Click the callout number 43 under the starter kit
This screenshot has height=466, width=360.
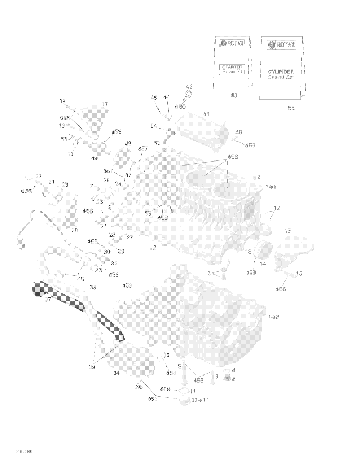click(x=234, y=95)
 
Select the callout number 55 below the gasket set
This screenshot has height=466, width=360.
click(x=291, y=108)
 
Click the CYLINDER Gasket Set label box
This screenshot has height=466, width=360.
click(x=280, y=74)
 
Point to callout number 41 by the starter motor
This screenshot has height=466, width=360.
click(x=206, y=114)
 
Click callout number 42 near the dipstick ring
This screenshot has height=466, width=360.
click(x=189, y=86)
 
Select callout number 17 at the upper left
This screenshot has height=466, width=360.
click(x=104, y=104)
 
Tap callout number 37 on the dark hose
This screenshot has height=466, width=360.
click(x=48, y=299)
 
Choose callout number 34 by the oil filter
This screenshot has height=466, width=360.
click(x=116, y=373)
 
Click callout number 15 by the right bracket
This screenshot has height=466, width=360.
click(x=287, y=230)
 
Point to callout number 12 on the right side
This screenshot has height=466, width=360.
click(x=276, y=208)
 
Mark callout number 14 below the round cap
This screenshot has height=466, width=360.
click(x=263, y=263)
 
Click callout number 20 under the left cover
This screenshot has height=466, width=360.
click(x=74, y=230)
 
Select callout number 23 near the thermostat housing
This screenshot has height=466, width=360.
click(x=65, y=185)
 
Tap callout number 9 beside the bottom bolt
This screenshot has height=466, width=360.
click(x=216, y=376)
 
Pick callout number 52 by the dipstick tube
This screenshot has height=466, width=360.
click(x=157, y=143)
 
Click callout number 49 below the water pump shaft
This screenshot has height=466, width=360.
click(x=94, y=158)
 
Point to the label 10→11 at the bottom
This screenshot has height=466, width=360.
click(x=200, y=400)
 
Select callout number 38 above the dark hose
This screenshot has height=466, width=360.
click(x=93, y=287)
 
